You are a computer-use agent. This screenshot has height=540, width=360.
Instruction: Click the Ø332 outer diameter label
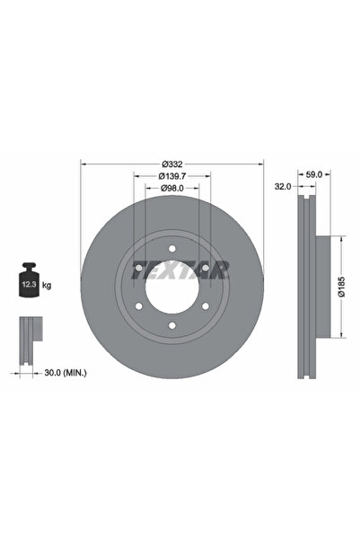coord(172,163)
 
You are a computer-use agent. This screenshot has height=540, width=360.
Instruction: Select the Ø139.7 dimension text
coord(172,175)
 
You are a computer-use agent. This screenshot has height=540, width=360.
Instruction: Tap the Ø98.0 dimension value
coord(172,188)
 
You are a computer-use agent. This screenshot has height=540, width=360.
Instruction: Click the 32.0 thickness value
coord(284,189)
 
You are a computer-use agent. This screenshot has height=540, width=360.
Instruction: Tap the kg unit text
coord(47,286)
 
